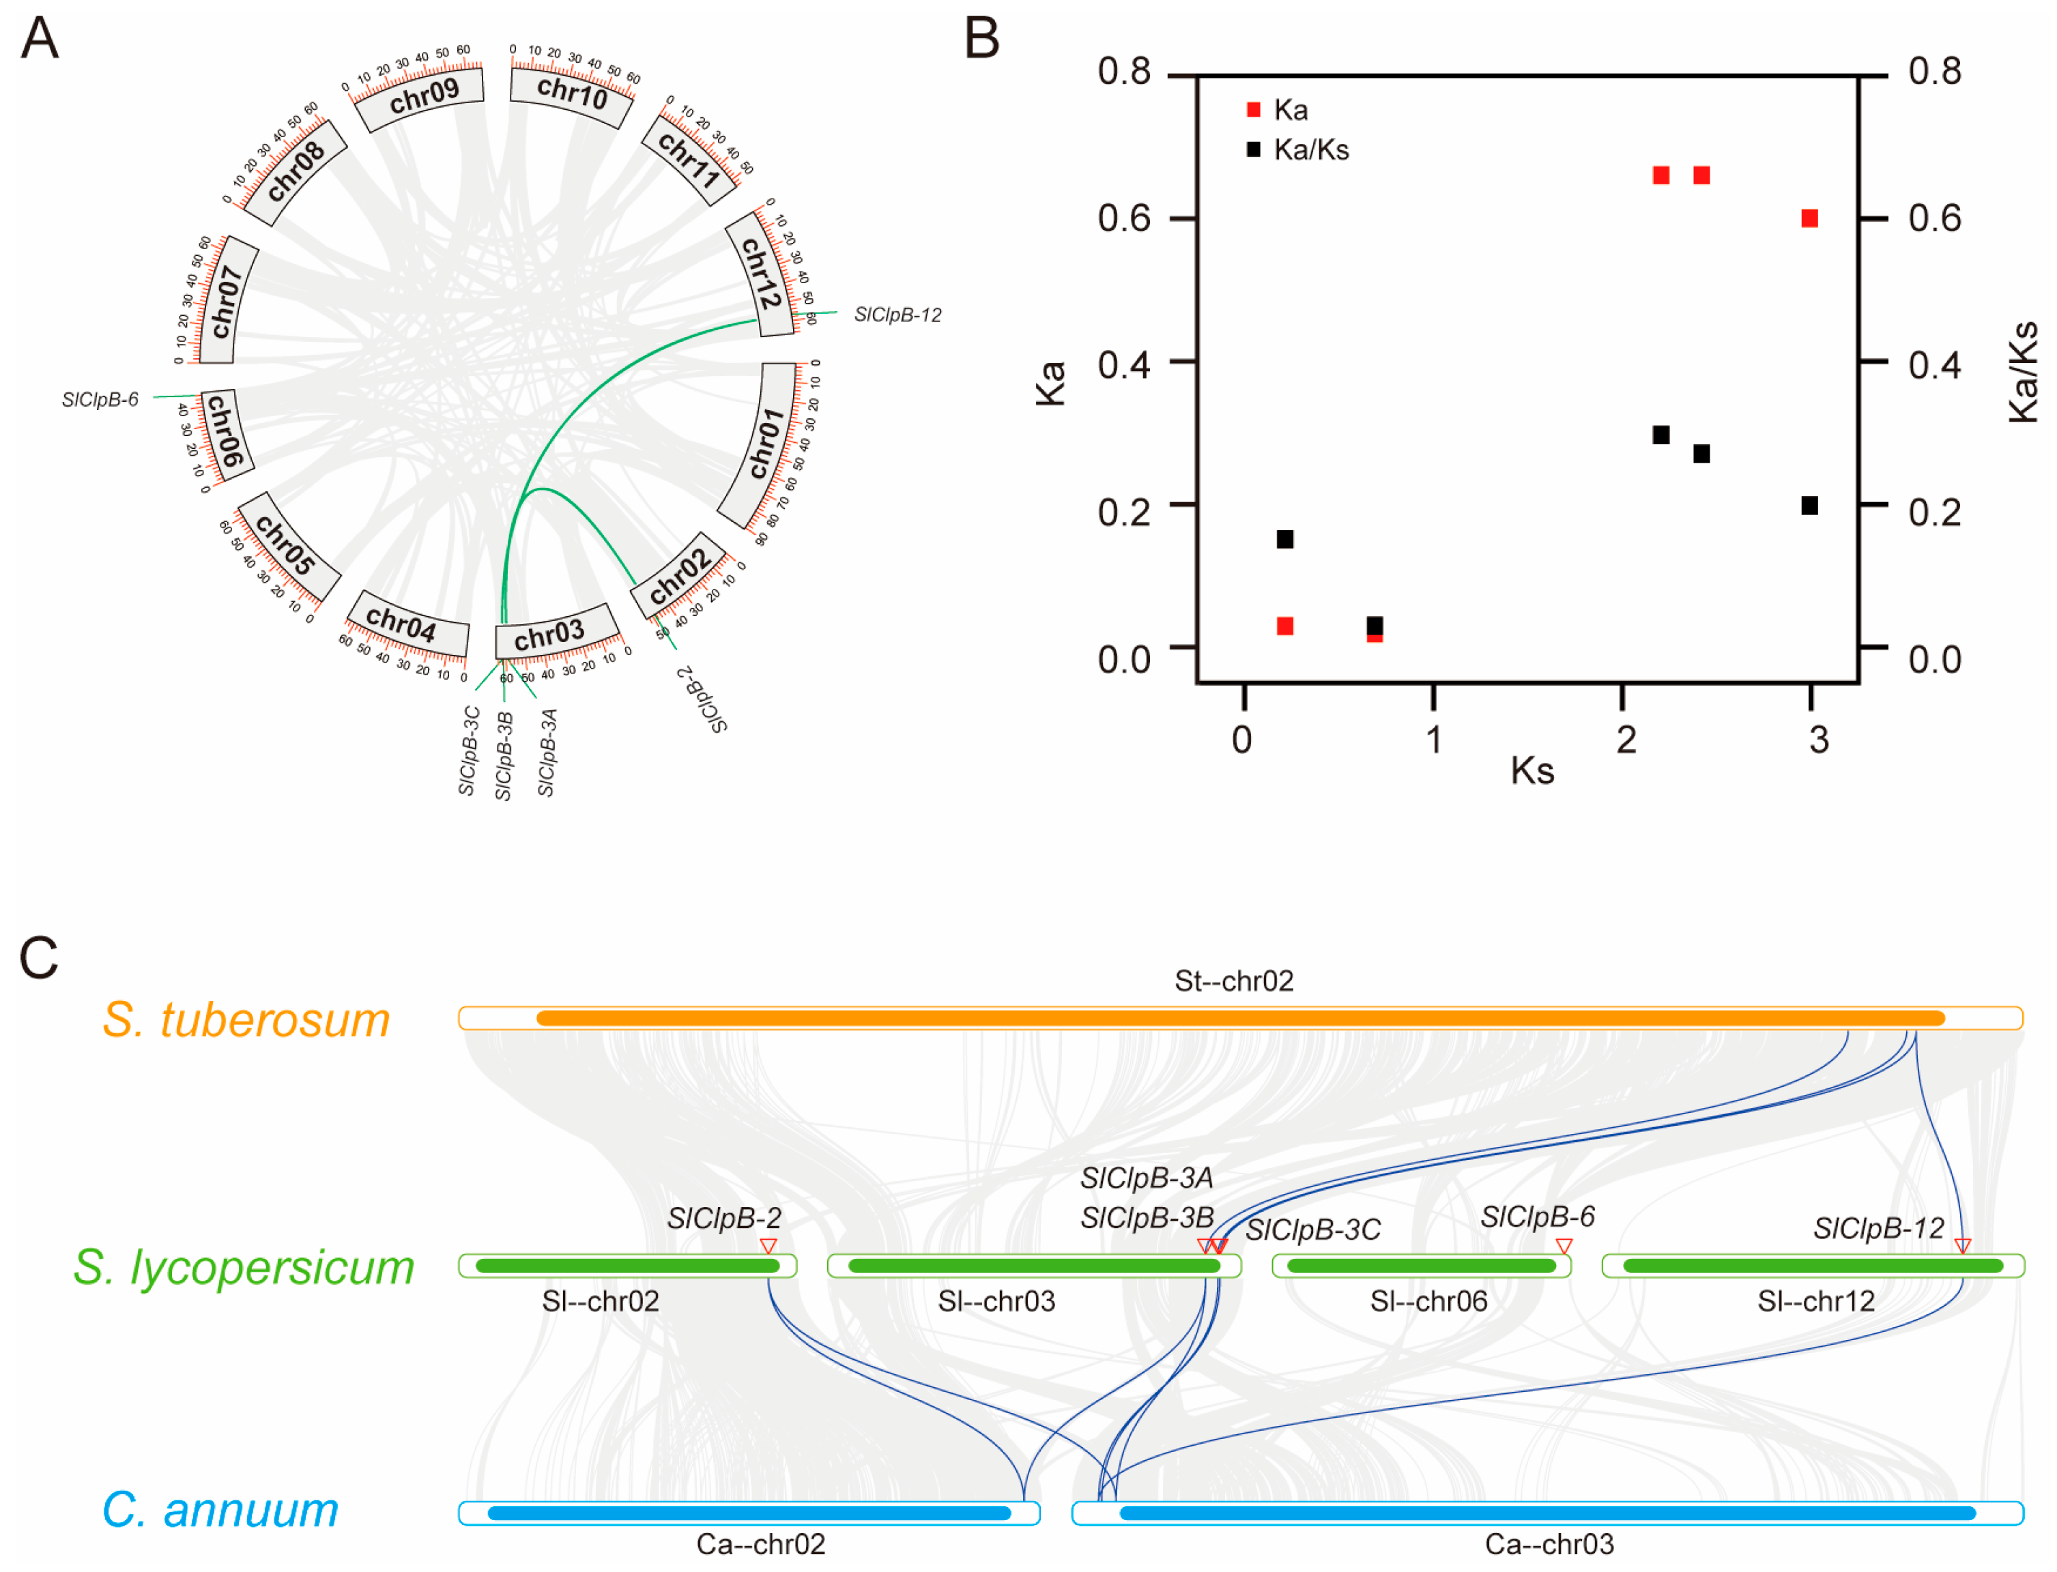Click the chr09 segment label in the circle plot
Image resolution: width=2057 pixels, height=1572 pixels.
(423, 96)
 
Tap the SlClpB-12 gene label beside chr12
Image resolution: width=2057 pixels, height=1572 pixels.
(897, 315)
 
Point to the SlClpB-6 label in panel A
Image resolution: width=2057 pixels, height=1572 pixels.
(99, 401)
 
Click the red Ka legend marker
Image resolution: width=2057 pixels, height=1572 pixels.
(1253, 111)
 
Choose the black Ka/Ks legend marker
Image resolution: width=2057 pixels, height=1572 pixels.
(1253, 149)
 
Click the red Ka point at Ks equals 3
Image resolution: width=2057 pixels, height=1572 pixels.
(1809, 218)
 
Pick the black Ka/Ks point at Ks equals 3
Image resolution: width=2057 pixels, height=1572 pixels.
(1809, 506)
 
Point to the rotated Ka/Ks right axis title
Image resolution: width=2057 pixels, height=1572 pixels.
(2022, 373)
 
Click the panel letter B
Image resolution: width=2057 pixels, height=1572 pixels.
(981, 40)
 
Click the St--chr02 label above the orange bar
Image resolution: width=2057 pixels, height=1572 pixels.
(1233, 980)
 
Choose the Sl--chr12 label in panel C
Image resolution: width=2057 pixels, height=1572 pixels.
(1815, 1300)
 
